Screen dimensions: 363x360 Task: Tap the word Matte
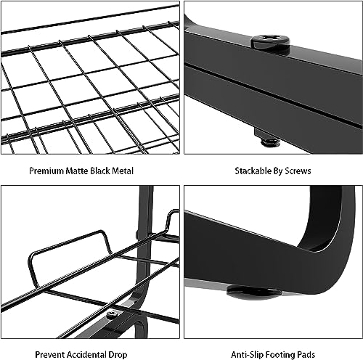click(77, 171)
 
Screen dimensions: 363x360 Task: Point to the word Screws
click(298, 171)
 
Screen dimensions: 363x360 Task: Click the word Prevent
click(49, 355)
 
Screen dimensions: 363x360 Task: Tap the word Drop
click(118, 355)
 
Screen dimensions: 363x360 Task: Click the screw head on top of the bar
click(270, 41)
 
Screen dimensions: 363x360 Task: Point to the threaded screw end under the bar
click(270, 143)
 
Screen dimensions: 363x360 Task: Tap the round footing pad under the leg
click(254, 291)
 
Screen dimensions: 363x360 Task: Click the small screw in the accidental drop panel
click(113, 314)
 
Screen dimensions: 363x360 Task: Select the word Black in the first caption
click(99, 171)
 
